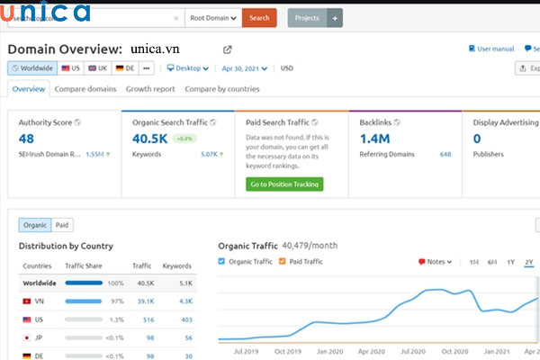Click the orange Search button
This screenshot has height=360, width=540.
coord(259,18)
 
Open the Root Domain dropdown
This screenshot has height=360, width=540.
coord(214,18)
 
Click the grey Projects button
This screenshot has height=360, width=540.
coord(309,18)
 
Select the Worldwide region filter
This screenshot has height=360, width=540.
coord(32,68)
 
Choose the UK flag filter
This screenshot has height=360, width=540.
coord(97,68)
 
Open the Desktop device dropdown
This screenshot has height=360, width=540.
coord(187,68)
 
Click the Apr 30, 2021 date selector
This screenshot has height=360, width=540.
coord(246,68)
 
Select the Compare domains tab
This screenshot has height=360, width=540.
coord(85,89)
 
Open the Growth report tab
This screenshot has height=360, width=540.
coord(150,89)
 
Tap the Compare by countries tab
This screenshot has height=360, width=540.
coord(221,89)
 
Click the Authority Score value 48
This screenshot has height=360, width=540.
coord(26,139)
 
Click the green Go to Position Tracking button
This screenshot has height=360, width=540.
coord(283,184)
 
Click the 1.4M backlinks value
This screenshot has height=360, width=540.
coord(373,139)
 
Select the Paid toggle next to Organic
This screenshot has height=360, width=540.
coord(62,225)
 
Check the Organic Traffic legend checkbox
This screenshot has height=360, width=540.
coord(222,262)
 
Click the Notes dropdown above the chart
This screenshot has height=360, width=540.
coord(435,262)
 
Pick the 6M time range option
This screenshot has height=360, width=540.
coord(492,262)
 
